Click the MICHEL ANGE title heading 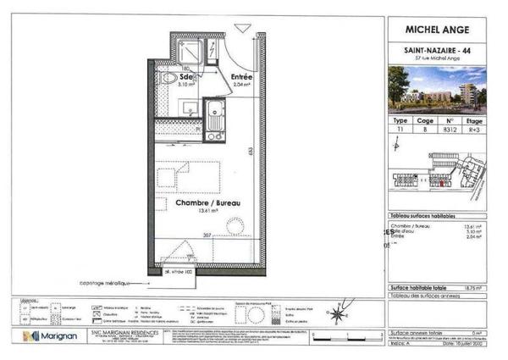[x=438, y=30]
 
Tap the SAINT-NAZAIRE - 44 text [x=438, y=50]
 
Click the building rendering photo [x=438, y=90]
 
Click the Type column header [x=400, y=121]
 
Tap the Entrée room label [x=243, y=77]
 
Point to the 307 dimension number [x=205, y=235]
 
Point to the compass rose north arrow [x=337, y=315]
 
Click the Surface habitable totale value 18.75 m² [x=474, y=288]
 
